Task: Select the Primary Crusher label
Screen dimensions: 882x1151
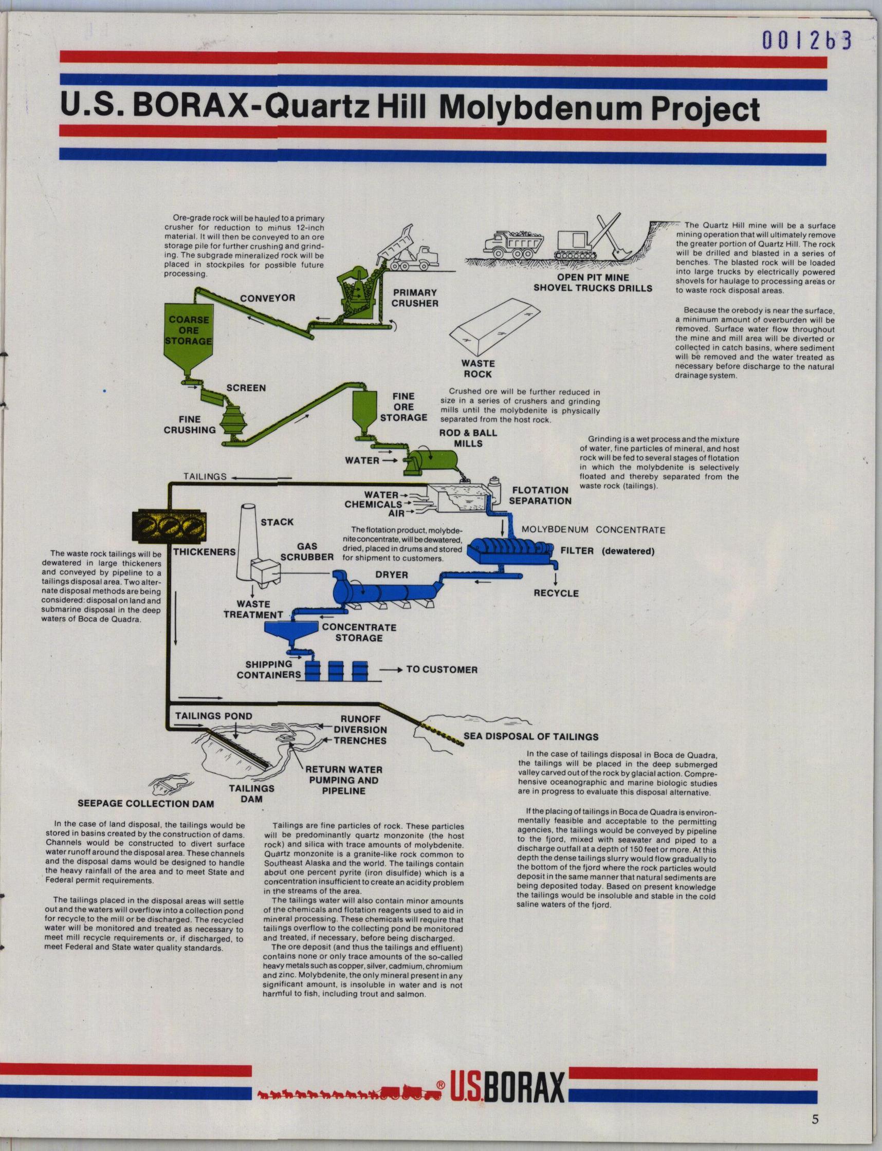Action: pyautogui.click(x=415, y=298)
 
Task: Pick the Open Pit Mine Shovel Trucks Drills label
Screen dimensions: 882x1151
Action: pyautogui.click(x=593, y=283)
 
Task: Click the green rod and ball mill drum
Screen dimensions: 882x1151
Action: pyautogui.click(x=430, y=460)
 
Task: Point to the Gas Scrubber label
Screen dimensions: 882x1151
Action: pyautogui.click(x=307, y=551)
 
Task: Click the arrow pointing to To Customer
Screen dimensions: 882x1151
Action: pyautogui.click(x=392, y=670)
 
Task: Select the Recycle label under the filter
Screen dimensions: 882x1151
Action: pyautogui.click(x=556, y=593)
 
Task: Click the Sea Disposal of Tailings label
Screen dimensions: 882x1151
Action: pyautogui.click(x=531, y=736)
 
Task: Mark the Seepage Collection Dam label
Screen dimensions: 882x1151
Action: pyautogui.click(x=146, y=804)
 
